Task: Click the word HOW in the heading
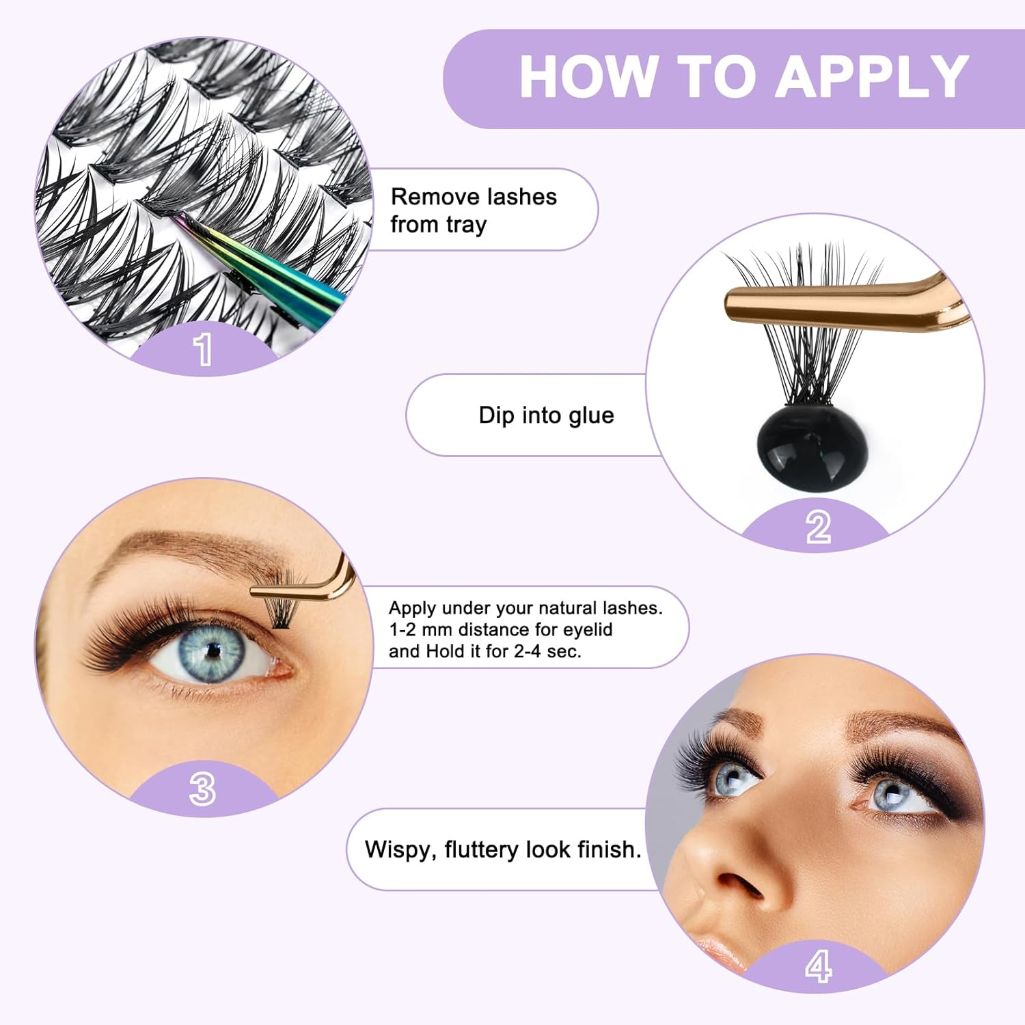click(588, 77)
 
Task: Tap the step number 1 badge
click(203, 349)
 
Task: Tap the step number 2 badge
click(818, 528)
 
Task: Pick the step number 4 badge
click(818, 966)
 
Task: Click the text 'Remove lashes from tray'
click(473, 210)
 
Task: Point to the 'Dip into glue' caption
click(546, 415)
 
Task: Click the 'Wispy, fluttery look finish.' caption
click(503, 849)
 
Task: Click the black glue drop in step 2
click(811, 446)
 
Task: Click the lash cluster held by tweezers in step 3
click(282, 610)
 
